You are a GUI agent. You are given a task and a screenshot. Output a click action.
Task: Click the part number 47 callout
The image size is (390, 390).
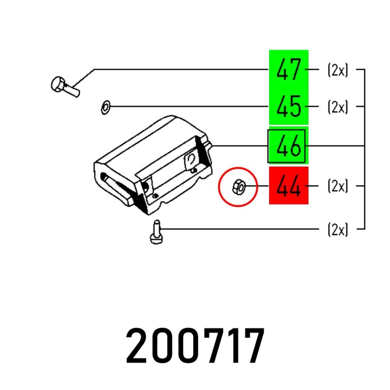click(289, 69)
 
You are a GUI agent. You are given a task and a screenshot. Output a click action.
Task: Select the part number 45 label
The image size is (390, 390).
click(289, 106)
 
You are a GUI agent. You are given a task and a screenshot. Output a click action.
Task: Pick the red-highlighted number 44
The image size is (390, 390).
click(289, 186)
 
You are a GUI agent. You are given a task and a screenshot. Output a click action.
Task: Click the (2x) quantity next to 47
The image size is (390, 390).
click(337, 70)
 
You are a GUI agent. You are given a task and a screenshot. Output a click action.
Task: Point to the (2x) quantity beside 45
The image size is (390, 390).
click(337, 107)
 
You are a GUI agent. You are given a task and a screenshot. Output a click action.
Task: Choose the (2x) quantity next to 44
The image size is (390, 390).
click(337, 186)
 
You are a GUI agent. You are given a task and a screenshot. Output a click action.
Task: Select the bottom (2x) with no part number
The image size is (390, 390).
click(337, 229)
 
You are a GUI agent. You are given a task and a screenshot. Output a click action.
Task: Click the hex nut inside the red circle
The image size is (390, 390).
click(239, 187)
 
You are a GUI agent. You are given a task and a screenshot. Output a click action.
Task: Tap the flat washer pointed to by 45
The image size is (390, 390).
click(106, 107)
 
